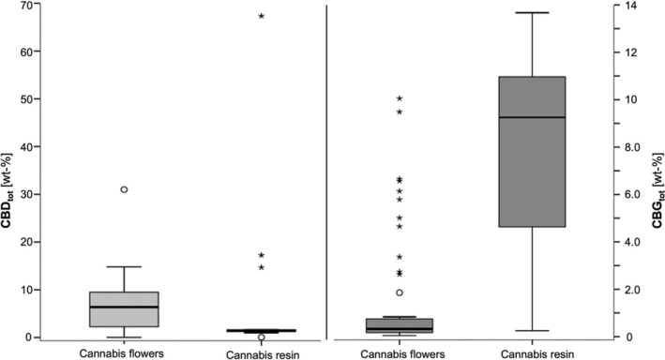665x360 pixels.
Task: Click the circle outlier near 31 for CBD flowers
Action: coord(124,189)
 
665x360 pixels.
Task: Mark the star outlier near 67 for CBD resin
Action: coord(261,16)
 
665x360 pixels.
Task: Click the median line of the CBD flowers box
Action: coord(124,307)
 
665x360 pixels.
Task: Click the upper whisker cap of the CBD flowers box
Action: coord(124,267)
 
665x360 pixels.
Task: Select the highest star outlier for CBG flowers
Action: coord(400,97)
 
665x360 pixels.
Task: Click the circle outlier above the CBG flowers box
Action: coord(400,292)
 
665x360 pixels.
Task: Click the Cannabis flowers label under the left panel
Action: coord(124,352)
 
